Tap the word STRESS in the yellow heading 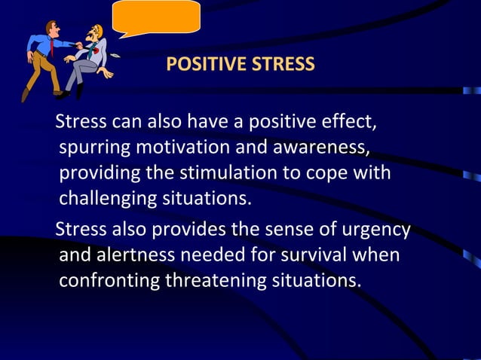tap(283, 63)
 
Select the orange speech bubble tap(156, 17)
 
